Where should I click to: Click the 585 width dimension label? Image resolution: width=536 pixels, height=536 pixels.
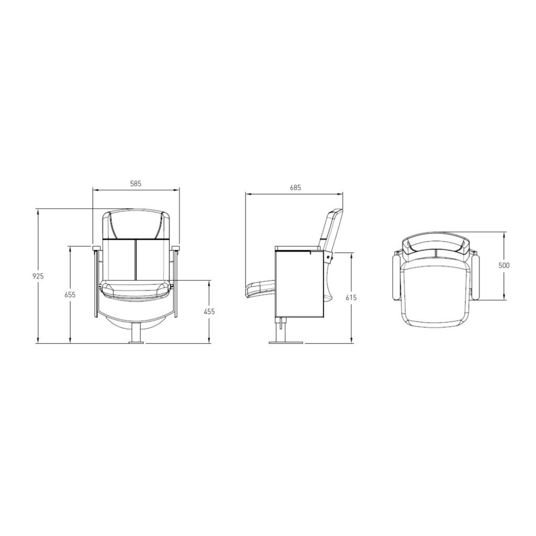point(136,184)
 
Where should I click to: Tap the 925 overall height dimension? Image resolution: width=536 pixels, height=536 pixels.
point(38,276)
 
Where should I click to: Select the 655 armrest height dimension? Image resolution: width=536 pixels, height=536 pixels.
point(70,294)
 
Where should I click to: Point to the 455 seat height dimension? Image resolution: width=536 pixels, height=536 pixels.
point(209,311)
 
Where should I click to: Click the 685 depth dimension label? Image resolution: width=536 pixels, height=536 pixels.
point(295,188)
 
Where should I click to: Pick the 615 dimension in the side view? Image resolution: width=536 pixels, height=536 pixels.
point(351,298)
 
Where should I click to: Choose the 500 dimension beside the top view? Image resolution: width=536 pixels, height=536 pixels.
point(504,265)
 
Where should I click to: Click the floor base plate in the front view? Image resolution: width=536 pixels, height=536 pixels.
point(137,341)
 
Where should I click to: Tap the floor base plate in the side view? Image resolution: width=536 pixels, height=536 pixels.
point(286,342)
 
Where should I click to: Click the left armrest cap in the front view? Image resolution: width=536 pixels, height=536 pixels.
point(96,248)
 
